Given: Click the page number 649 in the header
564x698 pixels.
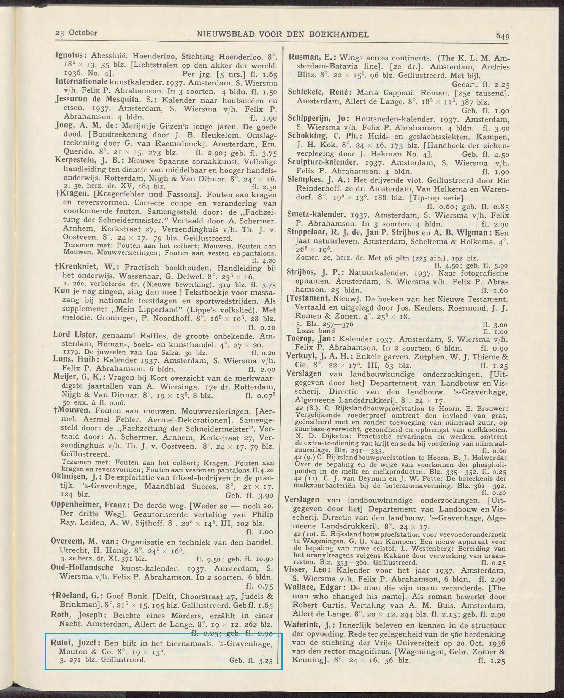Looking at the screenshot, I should coord(502,36).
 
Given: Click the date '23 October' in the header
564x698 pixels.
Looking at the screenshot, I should coord(76,33).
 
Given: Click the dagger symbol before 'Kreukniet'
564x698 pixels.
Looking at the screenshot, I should coord(56,267).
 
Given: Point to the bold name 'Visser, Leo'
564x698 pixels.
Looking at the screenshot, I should coord(308,569).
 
